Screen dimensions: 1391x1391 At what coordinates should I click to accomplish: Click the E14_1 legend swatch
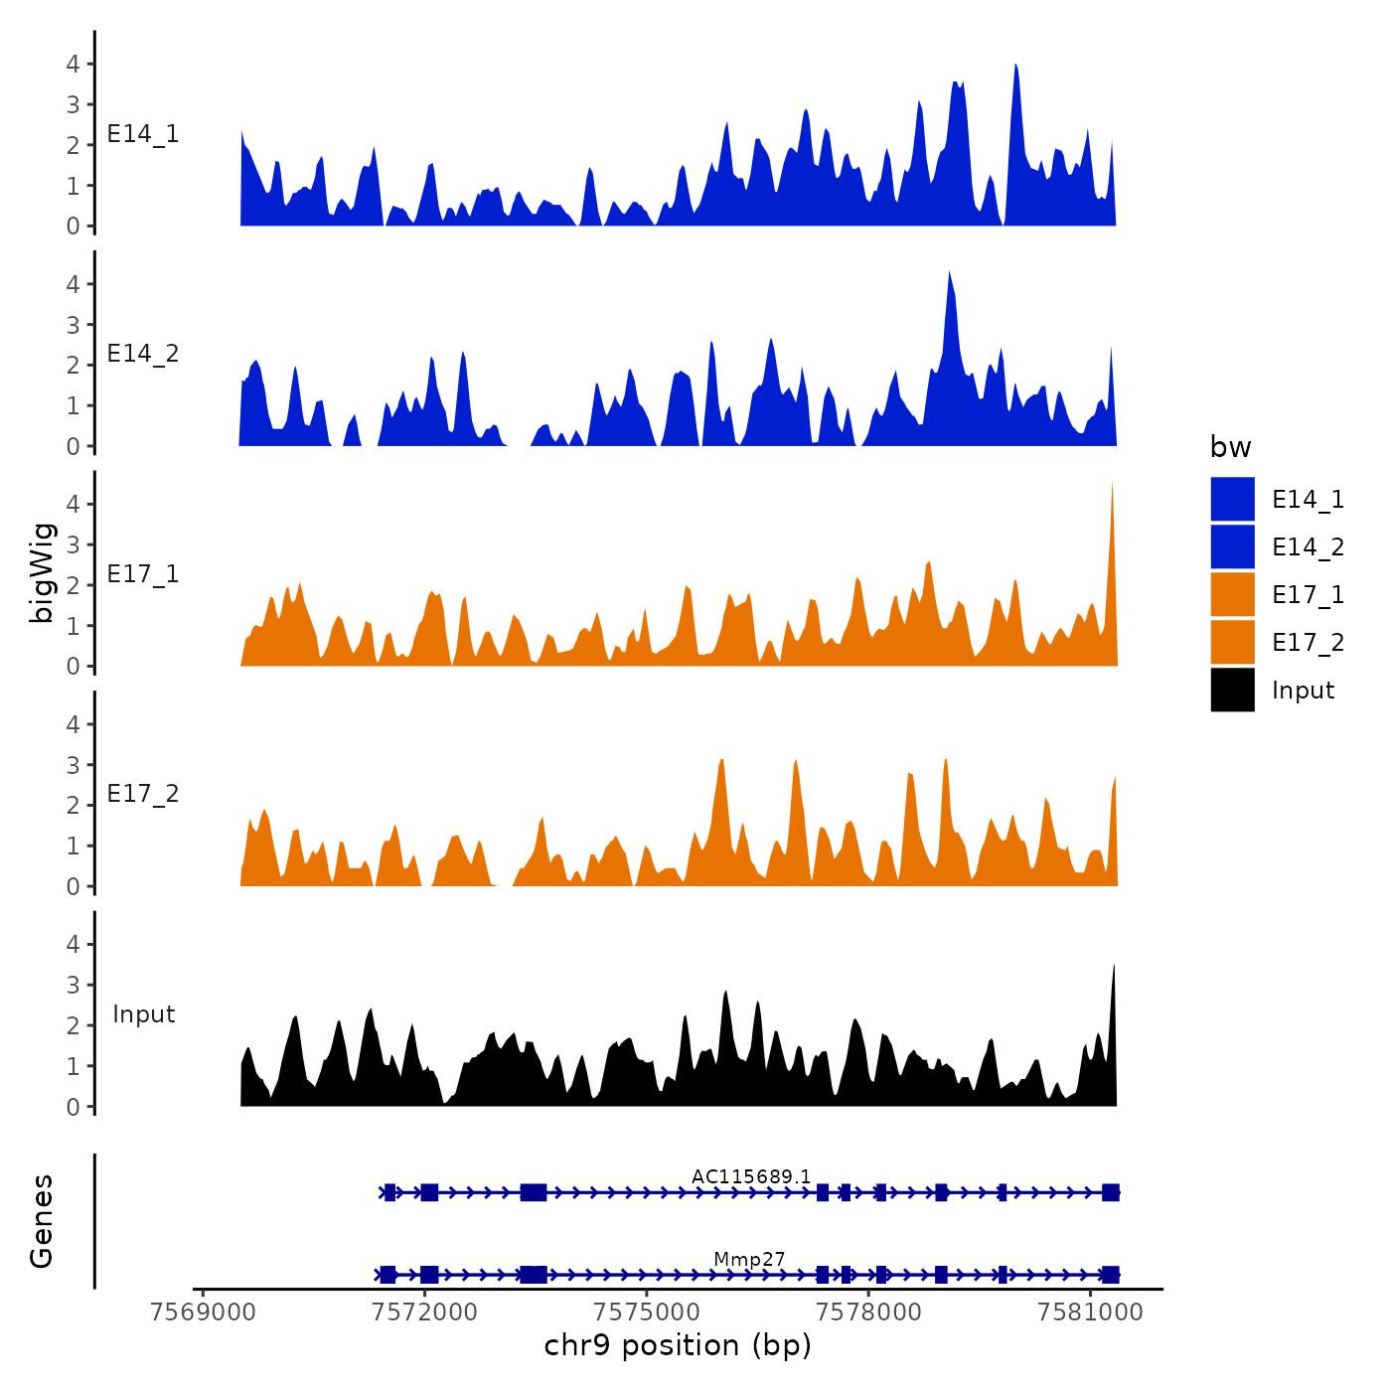point(1232,499)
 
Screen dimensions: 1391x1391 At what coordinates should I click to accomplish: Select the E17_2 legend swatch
point(1232,642)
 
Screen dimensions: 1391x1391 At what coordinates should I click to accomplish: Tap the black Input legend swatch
point(1232,690)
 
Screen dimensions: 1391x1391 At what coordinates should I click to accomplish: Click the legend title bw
point(1230,447)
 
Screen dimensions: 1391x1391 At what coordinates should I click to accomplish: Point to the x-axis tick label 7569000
point(203,1312)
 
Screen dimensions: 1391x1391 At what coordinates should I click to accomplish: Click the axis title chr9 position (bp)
point(678,1345)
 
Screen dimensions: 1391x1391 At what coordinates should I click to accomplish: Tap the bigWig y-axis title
point(42,572)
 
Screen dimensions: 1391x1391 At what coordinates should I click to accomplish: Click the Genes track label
point(42,1221)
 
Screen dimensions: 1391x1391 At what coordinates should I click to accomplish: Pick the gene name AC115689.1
point(751,1176)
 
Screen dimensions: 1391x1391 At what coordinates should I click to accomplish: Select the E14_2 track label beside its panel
point(143,354)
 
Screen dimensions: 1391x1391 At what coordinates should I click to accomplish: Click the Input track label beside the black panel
point(143,1013)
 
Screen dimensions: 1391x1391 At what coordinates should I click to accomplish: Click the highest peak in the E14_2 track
point(950,274)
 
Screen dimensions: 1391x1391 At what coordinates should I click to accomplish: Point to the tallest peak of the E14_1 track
point(1015,68)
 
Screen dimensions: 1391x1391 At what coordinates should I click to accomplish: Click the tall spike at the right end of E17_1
point(1112,487)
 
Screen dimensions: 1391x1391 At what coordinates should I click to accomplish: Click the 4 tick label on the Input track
point(73,944)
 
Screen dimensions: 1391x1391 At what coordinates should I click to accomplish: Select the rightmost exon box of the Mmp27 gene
point(1110,1275)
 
